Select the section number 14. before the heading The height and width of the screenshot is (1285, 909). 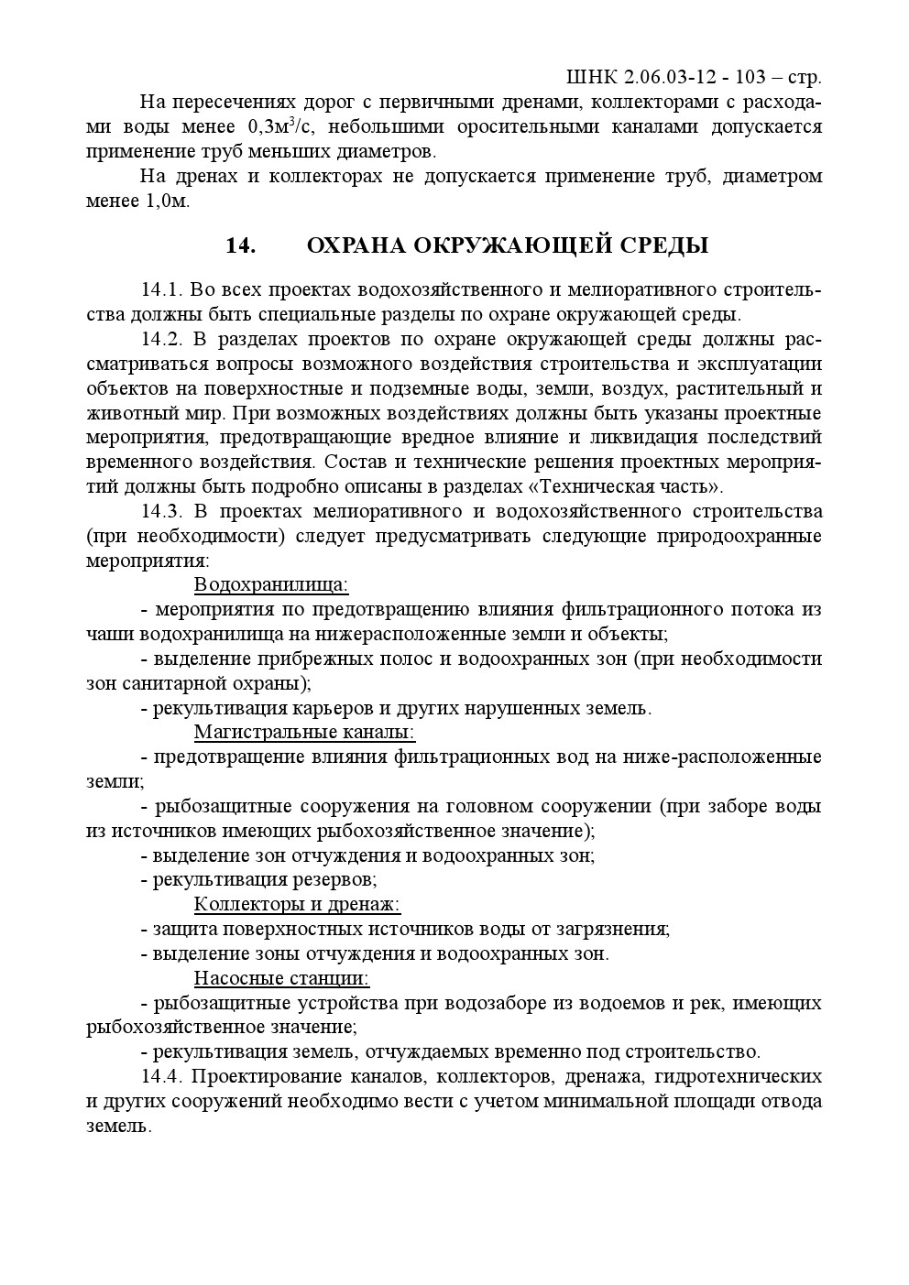point(240,245)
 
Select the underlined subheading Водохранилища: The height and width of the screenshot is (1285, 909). point(271,584)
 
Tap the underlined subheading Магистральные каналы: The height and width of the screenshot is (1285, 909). point(304,732)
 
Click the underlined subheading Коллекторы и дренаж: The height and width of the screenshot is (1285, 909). point(297,904)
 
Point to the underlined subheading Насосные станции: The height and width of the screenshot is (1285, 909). point(281,978)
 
